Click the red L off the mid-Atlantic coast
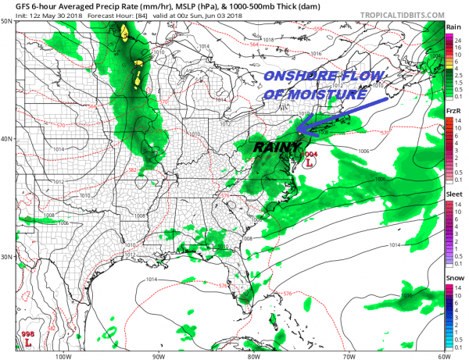(309, 164)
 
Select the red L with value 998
(28, 342)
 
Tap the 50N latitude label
(7, 21)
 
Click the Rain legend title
(452, 27)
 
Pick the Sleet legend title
(453, 194)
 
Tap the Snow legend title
(453, 279)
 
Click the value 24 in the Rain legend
(453, 38)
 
